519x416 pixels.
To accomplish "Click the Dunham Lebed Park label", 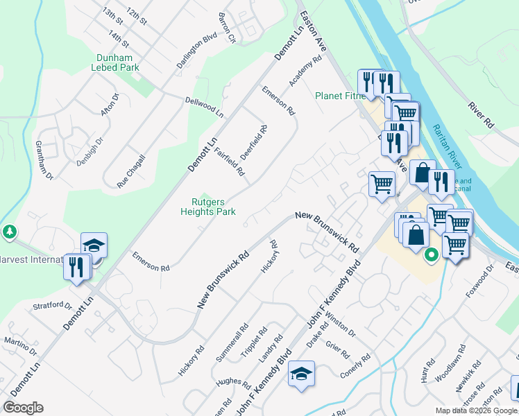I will (115, 63).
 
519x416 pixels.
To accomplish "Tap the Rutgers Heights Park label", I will (208, 207).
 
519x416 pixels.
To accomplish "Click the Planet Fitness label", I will (340, 96).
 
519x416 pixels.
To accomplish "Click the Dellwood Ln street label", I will (205, 107).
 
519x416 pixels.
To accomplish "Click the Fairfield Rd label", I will (230, 161).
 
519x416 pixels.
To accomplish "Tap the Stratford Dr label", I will (53, 305).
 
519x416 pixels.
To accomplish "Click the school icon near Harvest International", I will (94, 245).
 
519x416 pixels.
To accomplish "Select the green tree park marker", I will (9, 230).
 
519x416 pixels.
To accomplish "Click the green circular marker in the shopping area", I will (430, 255).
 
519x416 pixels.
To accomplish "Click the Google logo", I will (23, 408).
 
